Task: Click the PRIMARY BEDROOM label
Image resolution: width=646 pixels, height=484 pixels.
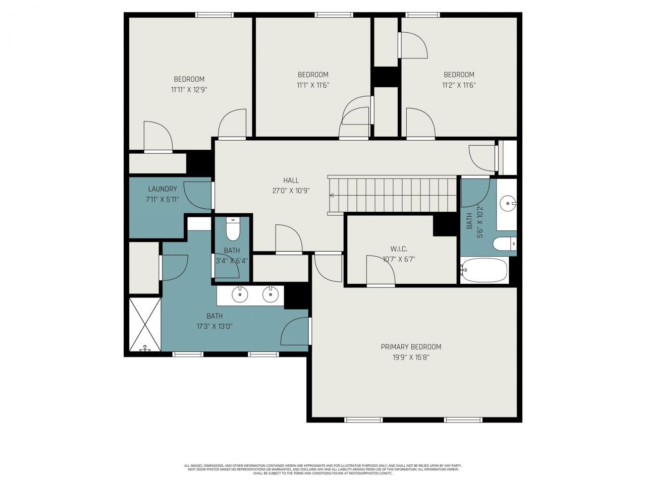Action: (x=411, y=347)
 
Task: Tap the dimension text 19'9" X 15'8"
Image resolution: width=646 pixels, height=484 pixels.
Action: (x=411, y=357)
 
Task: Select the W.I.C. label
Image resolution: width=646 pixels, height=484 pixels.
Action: (x=398, y=249)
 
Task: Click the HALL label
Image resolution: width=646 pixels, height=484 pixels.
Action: (x=291, y=180)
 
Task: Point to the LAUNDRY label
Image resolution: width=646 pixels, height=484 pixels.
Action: (x=163, y=189)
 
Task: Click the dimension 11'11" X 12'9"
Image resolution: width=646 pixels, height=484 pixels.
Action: (x=189, y=90)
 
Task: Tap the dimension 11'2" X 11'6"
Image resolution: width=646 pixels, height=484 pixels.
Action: (x=459, y=85)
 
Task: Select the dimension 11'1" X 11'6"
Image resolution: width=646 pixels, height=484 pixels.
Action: (x=313, y=85)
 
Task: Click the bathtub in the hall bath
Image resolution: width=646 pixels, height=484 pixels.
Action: (x=484, y=270)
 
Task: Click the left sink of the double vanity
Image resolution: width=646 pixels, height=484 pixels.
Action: (x=240, y=294)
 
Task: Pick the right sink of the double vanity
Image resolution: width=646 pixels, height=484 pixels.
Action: (x=271, y=294)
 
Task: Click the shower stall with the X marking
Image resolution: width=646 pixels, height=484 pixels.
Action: (x=145, y=324)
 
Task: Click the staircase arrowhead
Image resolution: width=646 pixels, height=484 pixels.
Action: (x=333, y=196)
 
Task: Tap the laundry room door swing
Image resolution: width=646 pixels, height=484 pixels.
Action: (x=198, y=195)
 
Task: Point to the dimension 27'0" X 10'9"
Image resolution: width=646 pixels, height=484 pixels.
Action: (x=291, y=191)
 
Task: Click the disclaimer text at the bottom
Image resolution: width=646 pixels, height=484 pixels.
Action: (x=323, y=469)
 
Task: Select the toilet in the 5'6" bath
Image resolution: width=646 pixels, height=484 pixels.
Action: (x=504, y=245)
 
